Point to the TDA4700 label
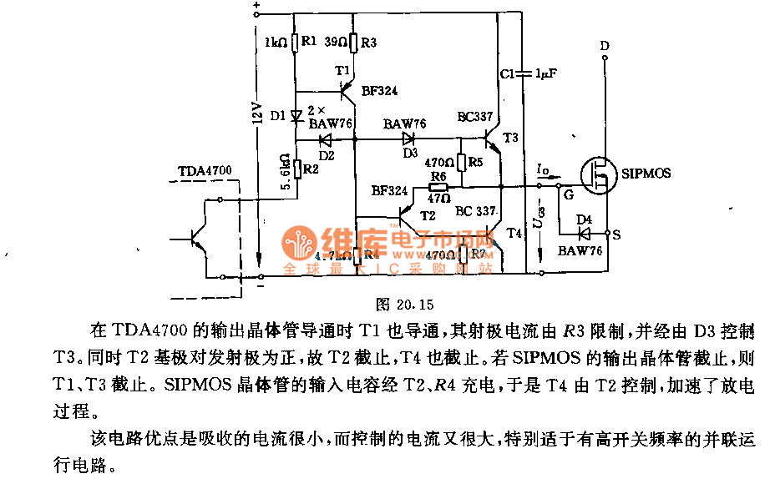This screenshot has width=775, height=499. [x=205, y=172]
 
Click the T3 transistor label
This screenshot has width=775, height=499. [x=510, y=137]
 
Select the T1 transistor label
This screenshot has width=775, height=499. [x=342, y=72]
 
